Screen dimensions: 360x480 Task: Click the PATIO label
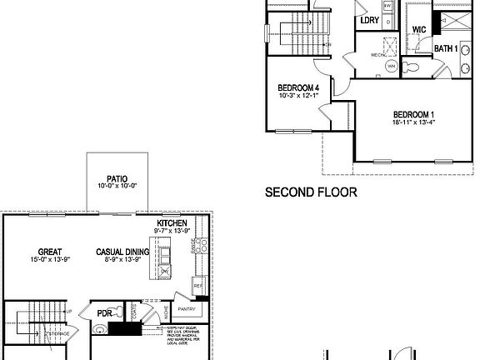click(x=117, y=177)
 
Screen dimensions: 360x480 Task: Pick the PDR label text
click(x=105, y=314)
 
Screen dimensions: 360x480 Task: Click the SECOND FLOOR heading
click(x=311, y=192)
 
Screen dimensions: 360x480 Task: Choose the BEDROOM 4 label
click(x=298, y=87)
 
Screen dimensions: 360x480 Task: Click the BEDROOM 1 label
click(x=414, y=114)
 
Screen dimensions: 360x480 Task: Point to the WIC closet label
click(x=419, y=29)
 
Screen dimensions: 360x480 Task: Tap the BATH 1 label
click(x=445, y=48)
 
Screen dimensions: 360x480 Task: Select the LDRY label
click(x=369, y=20)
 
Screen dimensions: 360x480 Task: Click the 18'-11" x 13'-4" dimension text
click(x=414, y=123)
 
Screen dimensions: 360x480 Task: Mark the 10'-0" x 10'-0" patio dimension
click(x=117, y=186)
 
